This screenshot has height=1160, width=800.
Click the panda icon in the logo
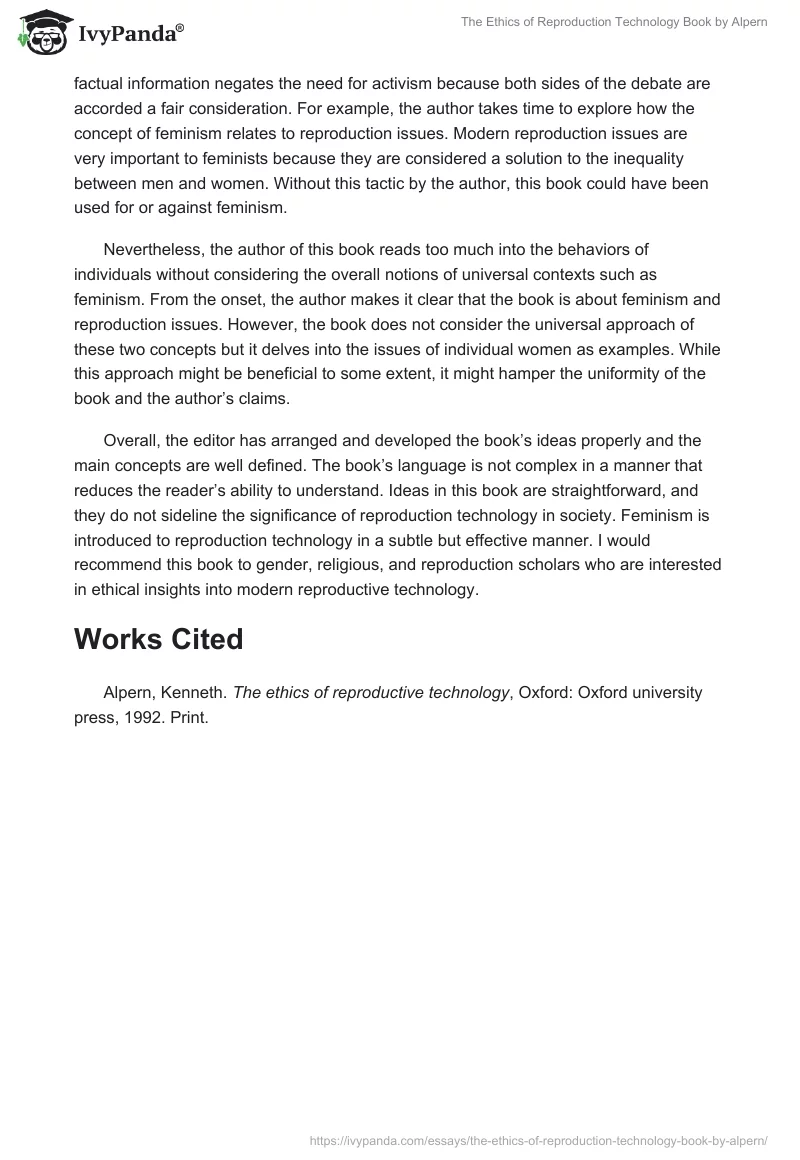(41, 32)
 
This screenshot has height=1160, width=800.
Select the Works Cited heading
(158, 639)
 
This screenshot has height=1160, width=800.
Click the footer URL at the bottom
(538, 1139)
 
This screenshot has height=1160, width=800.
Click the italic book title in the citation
(371, 692)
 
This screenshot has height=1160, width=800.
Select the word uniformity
(626, 373)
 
